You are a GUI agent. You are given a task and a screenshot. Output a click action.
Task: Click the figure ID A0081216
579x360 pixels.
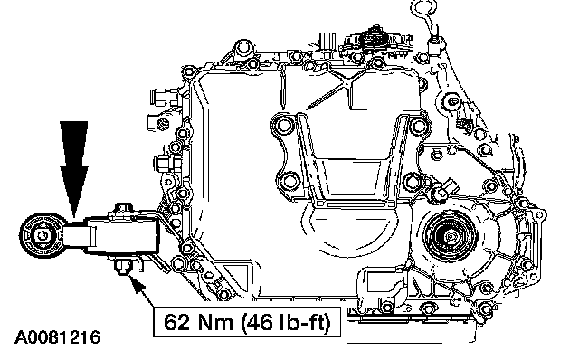[x=57, y=338]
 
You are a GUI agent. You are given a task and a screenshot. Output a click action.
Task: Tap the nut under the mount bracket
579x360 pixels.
[x=122, y=267]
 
